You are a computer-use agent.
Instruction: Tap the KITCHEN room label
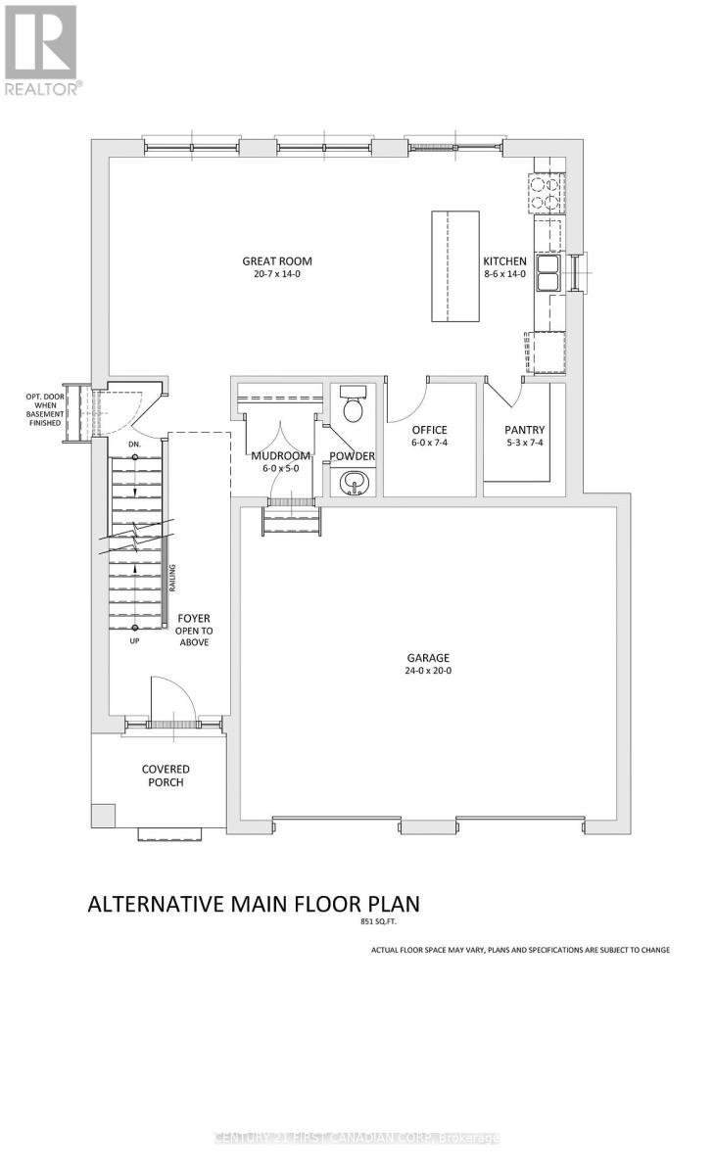[504, 261]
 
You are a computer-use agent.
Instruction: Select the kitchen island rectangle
[455, 265]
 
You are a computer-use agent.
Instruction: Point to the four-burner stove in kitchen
[547, 192]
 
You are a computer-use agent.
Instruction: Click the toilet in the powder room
[351, 402]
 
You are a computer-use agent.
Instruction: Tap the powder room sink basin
[351, 481]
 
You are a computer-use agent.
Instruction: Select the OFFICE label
[429, 430]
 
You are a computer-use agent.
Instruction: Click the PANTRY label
[524, 430]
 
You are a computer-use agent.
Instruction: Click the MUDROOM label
[281, 456]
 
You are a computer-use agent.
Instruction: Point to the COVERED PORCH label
[166, 775]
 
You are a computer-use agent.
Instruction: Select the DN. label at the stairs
[135, 444]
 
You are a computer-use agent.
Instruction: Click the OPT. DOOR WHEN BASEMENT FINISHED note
[43, 409]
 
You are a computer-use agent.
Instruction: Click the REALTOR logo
[41, 49]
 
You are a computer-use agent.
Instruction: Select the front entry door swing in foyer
[171, 700]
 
